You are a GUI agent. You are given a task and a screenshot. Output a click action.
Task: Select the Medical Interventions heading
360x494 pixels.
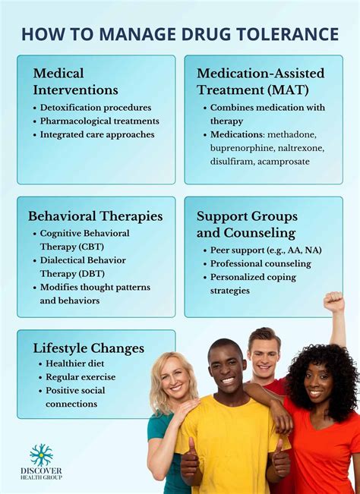pos(76,80)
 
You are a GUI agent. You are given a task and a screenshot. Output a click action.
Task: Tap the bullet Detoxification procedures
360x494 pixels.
pos(96,107)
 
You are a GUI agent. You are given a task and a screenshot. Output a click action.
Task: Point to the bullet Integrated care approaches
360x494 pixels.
pos(97,134)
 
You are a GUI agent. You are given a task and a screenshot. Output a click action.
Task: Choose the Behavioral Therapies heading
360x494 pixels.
pos(95,216)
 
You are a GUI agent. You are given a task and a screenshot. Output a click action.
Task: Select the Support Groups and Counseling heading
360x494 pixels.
pos(246,225)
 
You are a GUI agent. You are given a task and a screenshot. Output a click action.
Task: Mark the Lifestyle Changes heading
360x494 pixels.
pos(88,348)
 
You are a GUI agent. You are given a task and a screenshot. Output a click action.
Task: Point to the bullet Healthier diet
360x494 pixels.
pos(75,363)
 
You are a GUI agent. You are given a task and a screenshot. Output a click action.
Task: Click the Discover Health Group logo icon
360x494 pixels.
pos(41,455)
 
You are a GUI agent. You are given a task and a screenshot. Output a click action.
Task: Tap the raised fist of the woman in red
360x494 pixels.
pos(333,302)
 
